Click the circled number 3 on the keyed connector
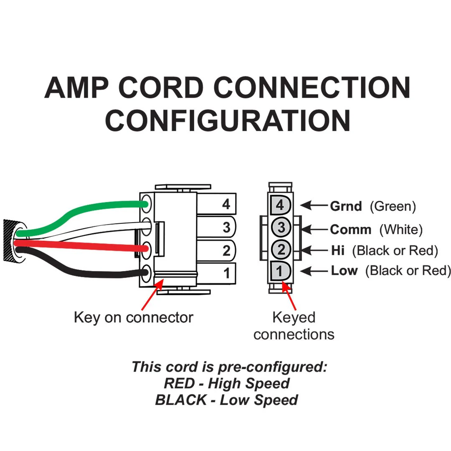[281, 227]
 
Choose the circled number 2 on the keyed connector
[281, 249]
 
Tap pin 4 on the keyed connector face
[280, 205]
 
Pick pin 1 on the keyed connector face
[280, 271]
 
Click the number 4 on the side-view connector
[226, 204]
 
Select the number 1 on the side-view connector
[227, 273]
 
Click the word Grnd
[346, 206]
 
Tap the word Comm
[351, 229]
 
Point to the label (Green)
[393, 206]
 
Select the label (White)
[401, 230]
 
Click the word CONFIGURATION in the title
[228, 121]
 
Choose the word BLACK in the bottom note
[181, 400]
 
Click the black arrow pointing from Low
[314, 271]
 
